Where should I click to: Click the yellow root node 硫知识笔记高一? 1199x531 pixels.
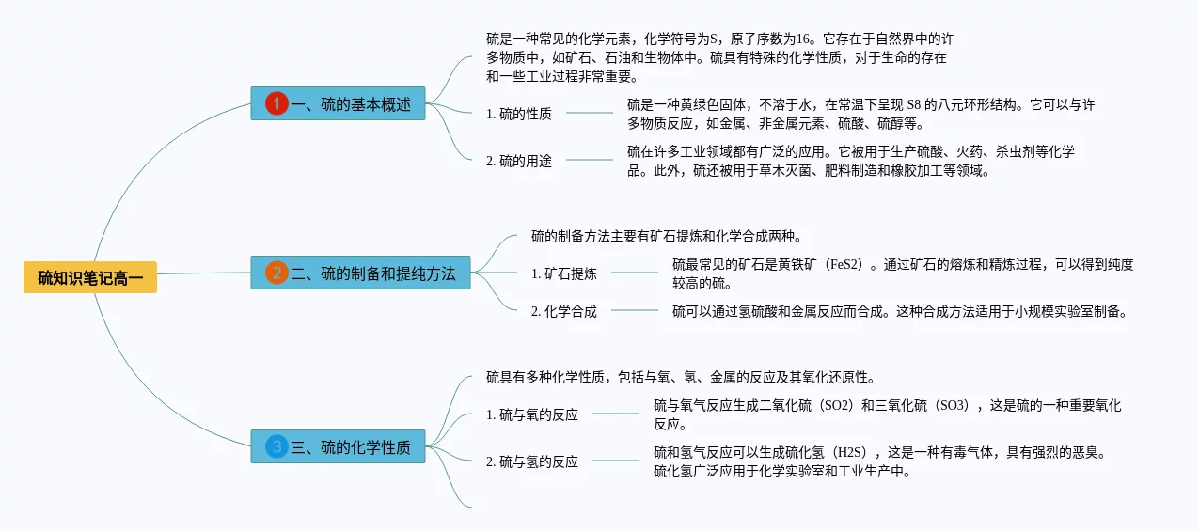click(90, 277)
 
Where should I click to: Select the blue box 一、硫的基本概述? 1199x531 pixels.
click(339, 103)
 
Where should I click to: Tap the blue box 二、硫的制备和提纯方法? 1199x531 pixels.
click(360, 273)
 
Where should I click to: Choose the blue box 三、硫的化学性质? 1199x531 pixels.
click(339, 446)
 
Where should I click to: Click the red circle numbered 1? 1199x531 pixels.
click(276, 103)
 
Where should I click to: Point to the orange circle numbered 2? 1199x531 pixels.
click(276, 273)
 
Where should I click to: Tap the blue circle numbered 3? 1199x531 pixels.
click(276, 446)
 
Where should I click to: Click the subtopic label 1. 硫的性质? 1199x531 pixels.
click(519, 114)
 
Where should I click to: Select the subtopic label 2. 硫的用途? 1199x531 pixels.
click(519, 161)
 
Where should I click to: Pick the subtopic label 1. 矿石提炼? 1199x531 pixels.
click(564, 273)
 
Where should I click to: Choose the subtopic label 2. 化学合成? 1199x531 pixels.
click(564, 311)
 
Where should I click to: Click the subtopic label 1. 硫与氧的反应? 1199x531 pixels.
click(532, 414)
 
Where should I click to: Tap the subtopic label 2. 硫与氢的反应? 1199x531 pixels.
click(532, 461)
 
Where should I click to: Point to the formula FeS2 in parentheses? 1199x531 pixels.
click(845, 264)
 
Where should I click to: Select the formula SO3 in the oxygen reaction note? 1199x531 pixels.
click(952, 405)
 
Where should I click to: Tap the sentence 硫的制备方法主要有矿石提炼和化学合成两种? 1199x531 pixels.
click(666, 236)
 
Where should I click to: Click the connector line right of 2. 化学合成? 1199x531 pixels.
click(635, 310)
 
